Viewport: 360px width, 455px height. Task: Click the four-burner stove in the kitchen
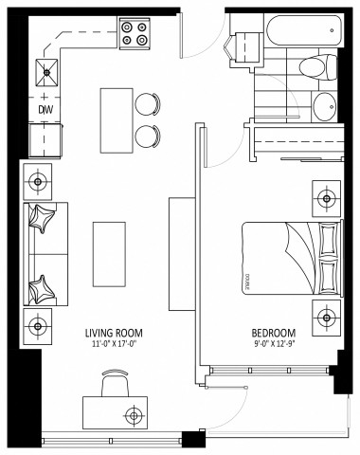point(134,33)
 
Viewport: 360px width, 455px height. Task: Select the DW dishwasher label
point(44,110)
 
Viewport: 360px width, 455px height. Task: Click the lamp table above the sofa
point(39,179)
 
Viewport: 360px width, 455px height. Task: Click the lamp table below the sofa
point(39,323)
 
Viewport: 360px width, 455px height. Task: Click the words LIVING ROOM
point(113,333)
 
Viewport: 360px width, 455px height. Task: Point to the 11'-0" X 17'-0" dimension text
point(113,344)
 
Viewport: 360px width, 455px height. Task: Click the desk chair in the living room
point(112,384)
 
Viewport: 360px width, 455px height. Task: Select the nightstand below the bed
point(325,315)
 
